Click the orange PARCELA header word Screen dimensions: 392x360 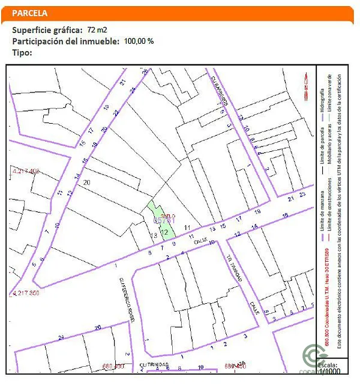click(x=29, y=13)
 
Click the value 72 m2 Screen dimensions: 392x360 click(x=97, y=29)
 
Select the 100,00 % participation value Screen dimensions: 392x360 click(x=139, y=41)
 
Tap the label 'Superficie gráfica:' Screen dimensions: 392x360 click(x=47, y=29)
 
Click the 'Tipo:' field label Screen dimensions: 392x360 click(x=22, y=52)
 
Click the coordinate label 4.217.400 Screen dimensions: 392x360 click(x=26, y=172)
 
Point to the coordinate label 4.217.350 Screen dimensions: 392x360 click(x=26, y=293)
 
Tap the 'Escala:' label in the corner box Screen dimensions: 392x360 click(x=327, y=364)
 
